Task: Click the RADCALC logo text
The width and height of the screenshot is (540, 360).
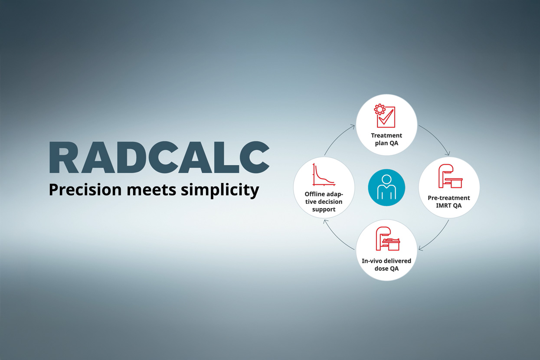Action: point(159,157)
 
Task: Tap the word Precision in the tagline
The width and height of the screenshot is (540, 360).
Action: point(85,190)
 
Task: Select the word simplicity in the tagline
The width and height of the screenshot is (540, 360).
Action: point(220,190)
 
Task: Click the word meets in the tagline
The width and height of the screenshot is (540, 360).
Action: point(151,190)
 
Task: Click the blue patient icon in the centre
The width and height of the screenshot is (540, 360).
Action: point(386,187)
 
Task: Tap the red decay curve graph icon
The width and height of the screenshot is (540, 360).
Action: point(324,174)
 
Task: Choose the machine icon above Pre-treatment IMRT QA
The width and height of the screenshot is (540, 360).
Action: point(450,176)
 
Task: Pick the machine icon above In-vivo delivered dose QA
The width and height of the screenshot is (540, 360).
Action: point(388,239)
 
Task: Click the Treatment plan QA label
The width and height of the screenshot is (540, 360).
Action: point(386,139)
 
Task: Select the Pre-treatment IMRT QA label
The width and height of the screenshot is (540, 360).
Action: point(449,202)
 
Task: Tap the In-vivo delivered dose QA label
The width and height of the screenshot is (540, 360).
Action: point(386,265)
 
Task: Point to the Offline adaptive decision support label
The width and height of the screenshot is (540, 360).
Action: point(324,202)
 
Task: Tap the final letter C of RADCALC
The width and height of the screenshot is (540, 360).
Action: point(254,157)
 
